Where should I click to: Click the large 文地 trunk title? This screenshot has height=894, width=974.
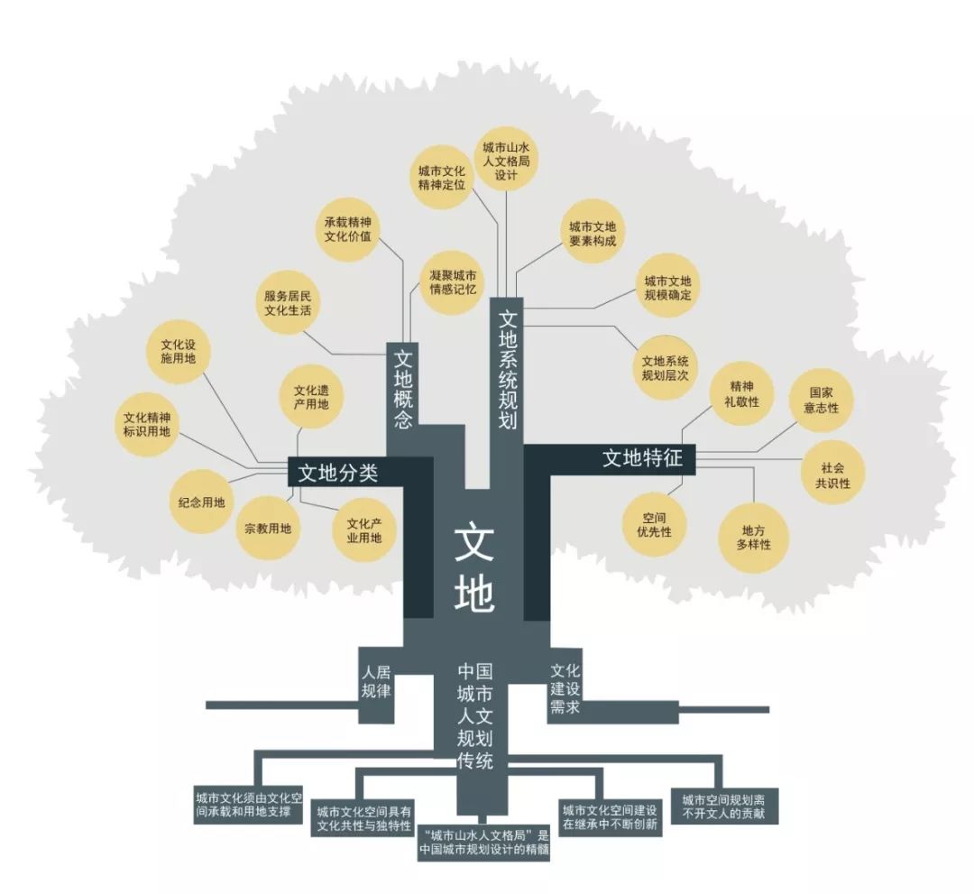tap(474, 569)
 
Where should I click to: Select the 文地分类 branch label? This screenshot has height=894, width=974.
tap(337, 474)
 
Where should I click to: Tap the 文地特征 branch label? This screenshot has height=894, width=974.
tap(642, 458)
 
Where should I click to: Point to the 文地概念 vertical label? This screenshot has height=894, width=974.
tap(403, 390)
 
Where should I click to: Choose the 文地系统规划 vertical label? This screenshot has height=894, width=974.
tap(508, 369)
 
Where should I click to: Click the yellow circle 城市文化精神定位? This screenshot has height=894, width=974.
tap(442, 178)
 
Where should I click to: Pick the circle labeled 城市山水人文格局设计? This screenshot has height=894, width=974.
tap(506, 161)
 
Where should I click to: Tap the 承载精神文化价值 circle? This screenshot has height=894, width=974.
tap(348, 229)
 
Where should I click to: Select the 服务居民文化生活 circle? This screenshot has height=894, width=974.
tap(288, 303)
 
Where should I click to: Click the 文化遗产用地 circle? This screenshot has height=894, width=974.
tap(311, 398)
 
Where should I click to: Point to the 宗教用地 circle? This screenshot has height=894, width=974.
tap(268, 529)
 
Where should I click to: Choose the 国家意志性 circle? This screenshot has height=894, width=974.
tap(821, 401)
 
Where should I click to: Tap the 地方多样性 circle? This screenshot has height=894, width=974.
tap(753, 538)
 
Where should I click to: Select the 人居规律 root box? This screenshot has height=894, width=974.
tap(376, 684)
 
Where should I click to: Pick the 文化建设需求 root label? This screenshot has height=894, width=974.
tap(565, 688)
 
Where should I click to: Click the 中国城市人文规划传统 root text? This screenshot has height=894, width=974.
tap(475, 715)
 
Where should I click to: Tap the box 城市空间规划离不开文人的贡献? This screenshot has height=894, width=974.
tap(724, 806)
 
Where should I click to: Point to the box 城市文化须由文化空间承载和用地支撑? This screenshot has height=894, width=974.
tap(249, 805)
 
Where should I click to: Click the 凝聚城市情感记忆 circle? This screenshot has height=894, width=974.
tap(453, 282)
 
